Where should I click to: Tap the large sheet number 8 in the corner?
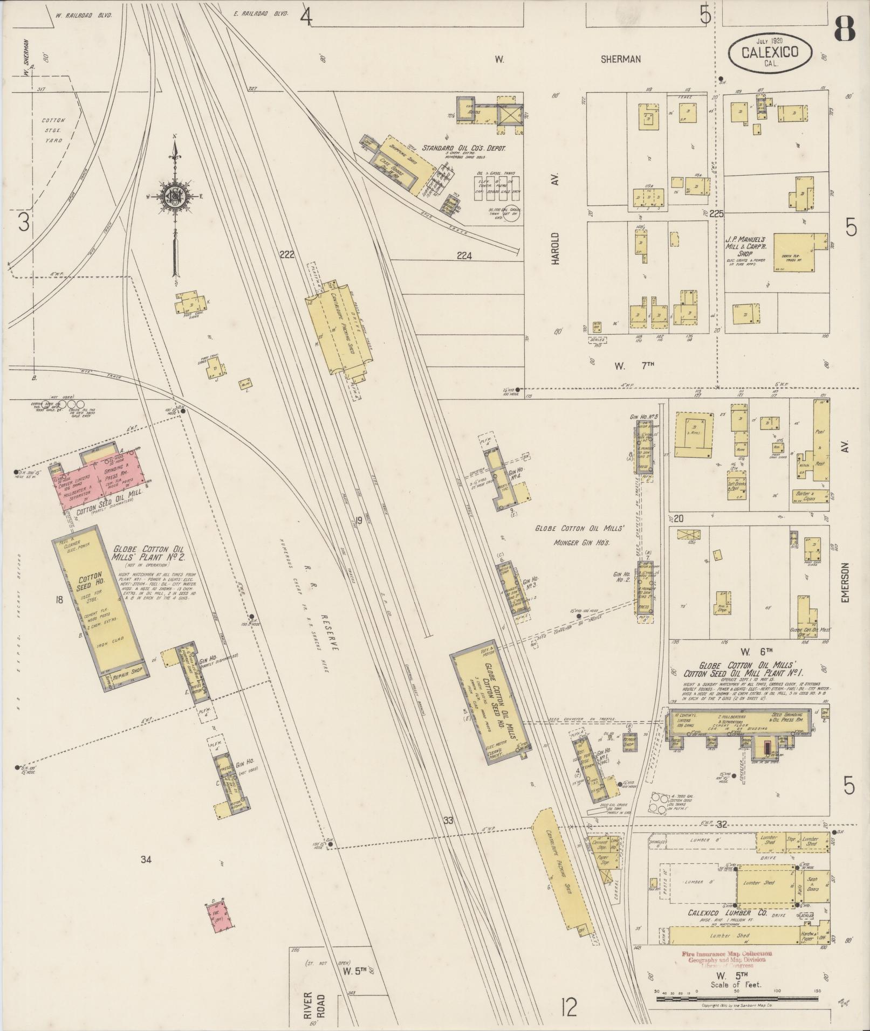pyautogui.click(x=844, y=29)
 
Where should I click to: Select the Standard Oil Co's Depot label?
pyautogui.click(x=463, y=148)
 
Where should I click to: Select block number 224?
pyautogui.click(x=463, y=256)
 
